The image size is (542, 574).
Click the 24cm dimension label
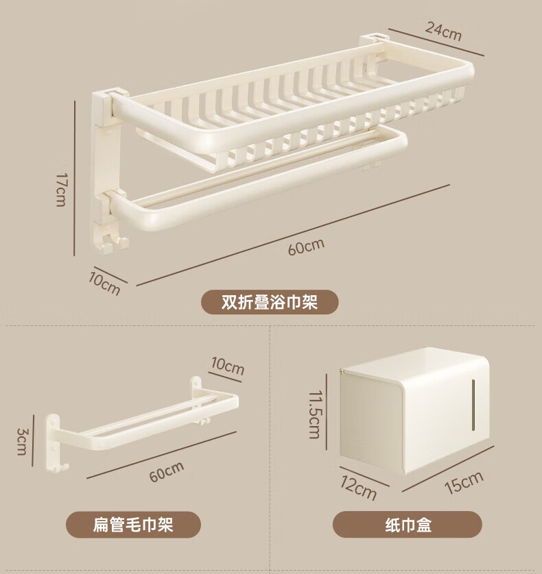pos(443,31)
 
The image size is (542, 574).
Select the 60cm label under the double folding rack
pos(306,247)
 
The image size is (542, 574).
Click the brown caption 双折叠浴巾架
pos(270,302)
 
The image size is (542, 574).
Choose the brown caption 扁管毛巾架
pos(133,525)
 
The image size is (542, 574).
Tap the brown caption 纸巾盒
pos(408,525)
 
